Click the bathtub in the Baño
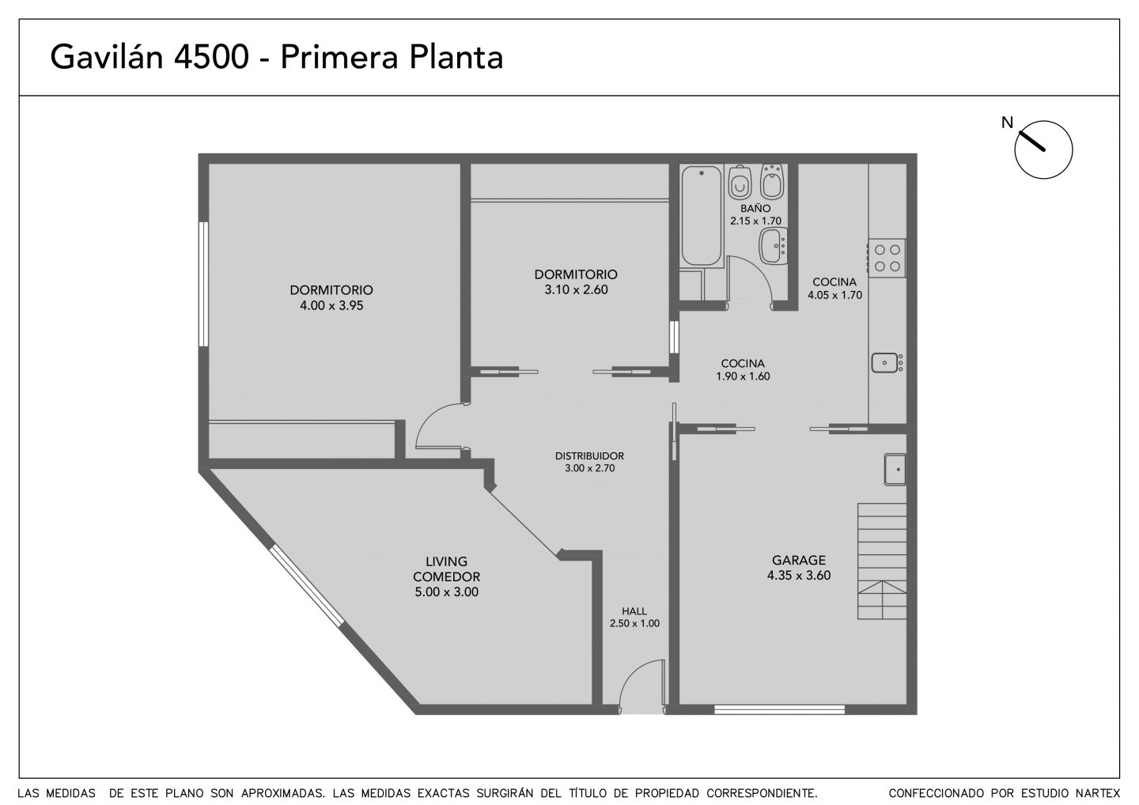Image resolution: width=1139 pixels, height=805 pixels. pyautogui.click(x=702, y=215)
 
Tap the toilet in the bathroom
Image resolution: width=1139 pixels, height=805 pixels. pyautogui.click(x=740, y=182)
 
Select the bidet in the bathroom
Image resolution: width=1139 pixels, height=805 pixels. pyautogui.click(x=772, y=181)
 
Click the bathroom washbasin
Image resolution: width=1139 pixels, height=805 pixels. pyautogui.click(x=773, y=245)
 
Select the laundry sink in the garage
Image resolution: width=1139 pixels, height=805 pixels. pyautogui.click(x=895, y=470)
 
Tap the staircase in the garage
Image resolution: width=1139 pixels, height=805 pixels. pyautogui.click(x=882, y=561)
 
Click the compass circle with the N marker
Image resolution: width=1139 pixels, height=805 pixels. pyautogui.click(x=1043, y=150)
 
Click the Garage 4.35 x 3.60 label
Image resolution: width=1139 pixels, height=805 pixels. pyautogui.click(x=799, y=568)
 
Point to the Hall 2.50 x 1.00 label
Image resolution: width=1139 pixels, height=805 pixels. pyautogui.click(x=634, y=617)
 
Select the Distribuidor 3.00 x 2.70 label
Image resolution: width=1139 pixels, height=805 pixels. pyautogui.click(x=590, y=462)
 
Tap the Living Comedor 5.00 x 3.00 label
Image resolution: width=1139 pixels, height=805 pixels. pyautogui.click(x=446, y=576)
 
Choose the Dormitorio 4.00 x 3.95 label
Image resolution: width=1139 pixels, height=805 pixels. pyautogui.click(x=331, y=298)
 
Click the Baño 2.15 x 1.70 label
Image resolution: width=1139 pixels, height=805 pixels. pyautogui.click(x=755, y=214)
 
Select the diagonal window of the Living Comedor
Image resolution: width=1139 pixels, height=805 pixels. pyautogui.click(x=307, y=585)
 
